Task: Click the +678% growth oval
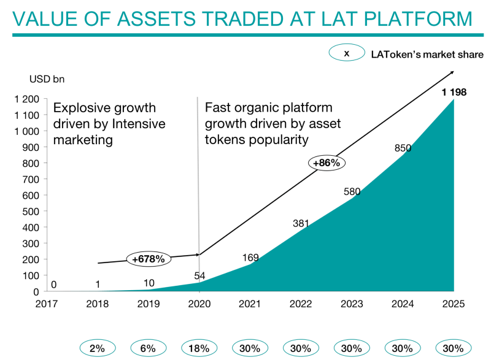pos(149,259)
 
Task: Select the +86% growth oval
pos(326,163)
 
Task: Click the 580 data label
pos(352,192)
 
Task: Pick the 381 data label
pos(301,224)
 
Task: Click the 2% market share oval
pos(98,348)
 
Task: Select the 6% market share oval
pos(149,348)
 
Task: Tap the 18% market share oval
pos(199,348)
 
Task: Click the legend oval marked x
pos(346,54)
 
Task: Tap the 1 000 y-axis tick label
pos(27,131)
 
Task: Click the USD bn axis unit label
pos(47,79)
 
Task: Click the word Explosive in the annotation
pos(79,109)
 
